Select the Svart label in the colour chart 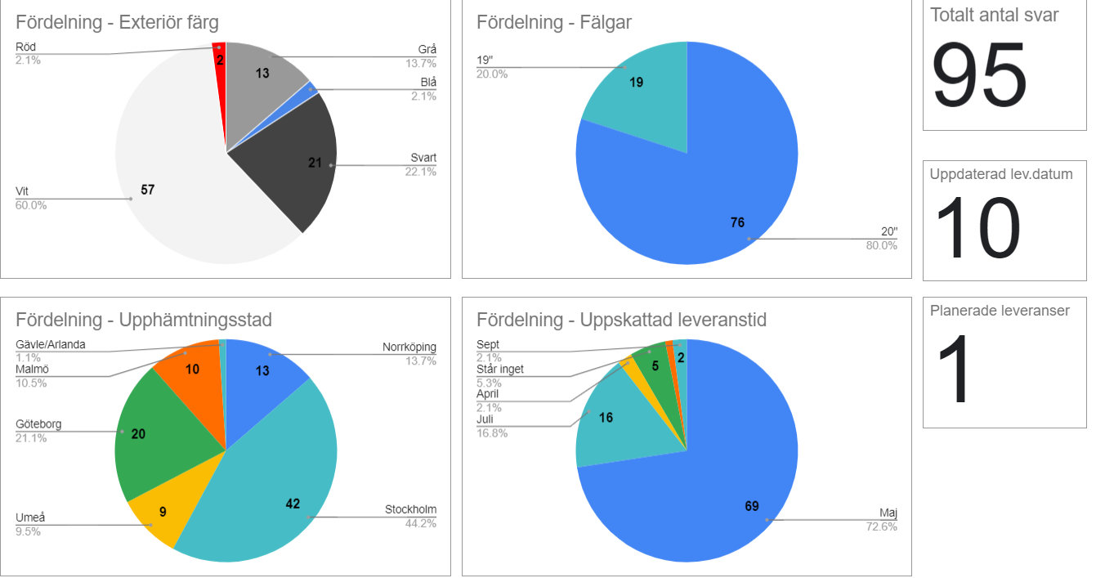pyautogui.click(x=423, y=158)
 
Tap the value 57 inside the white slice pyautogui.click(x=147, y=190)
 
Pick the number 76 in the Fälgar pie pyautogui.click(x=737, y=222)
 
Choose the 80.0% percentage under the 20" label pyautogui.click(x=881, y=245)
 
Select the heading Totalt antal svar pyautogui.click(x=994, y=15)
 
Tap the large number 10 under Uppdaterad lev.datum pyautogui.click(x=977, y=231)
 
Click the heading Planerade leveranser pyautogui.click(x=1000, y=311)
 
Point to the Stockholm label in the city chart pyautogui.click(x=410, y=510)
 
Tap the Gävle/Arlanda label pyautogui.click(x=50, y=344)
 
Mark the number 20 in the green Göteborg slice pyautogui.click(x=138, y=433)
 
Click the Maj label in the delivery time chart pyautogui.click(x=888, y=513)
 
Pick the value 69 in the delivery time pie pyautogui.click(x=752, y=506)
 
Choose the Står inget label pyautogui.click(x=500, y=369)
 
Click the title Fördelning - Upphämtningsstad pyautogui.click(x=144, y=320)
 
